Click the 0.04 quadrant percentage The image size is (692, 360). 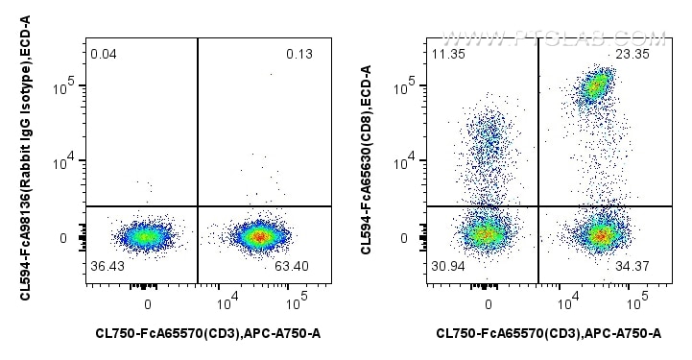click(103, 54)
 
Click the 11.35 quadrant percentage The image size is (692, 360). click(447, 54)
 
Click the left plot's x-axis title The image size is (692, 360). click(207, 333)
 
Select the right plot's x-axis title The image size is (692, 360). click(548, 333)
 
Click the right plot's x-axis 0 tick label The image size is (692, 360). click(489, 303)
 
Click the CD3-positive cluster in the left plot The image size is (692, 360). click(256, 235)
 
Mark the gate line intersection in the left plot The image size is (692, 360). click(198, 205)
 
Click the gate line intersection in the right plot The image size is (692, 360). click(538, 205)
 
